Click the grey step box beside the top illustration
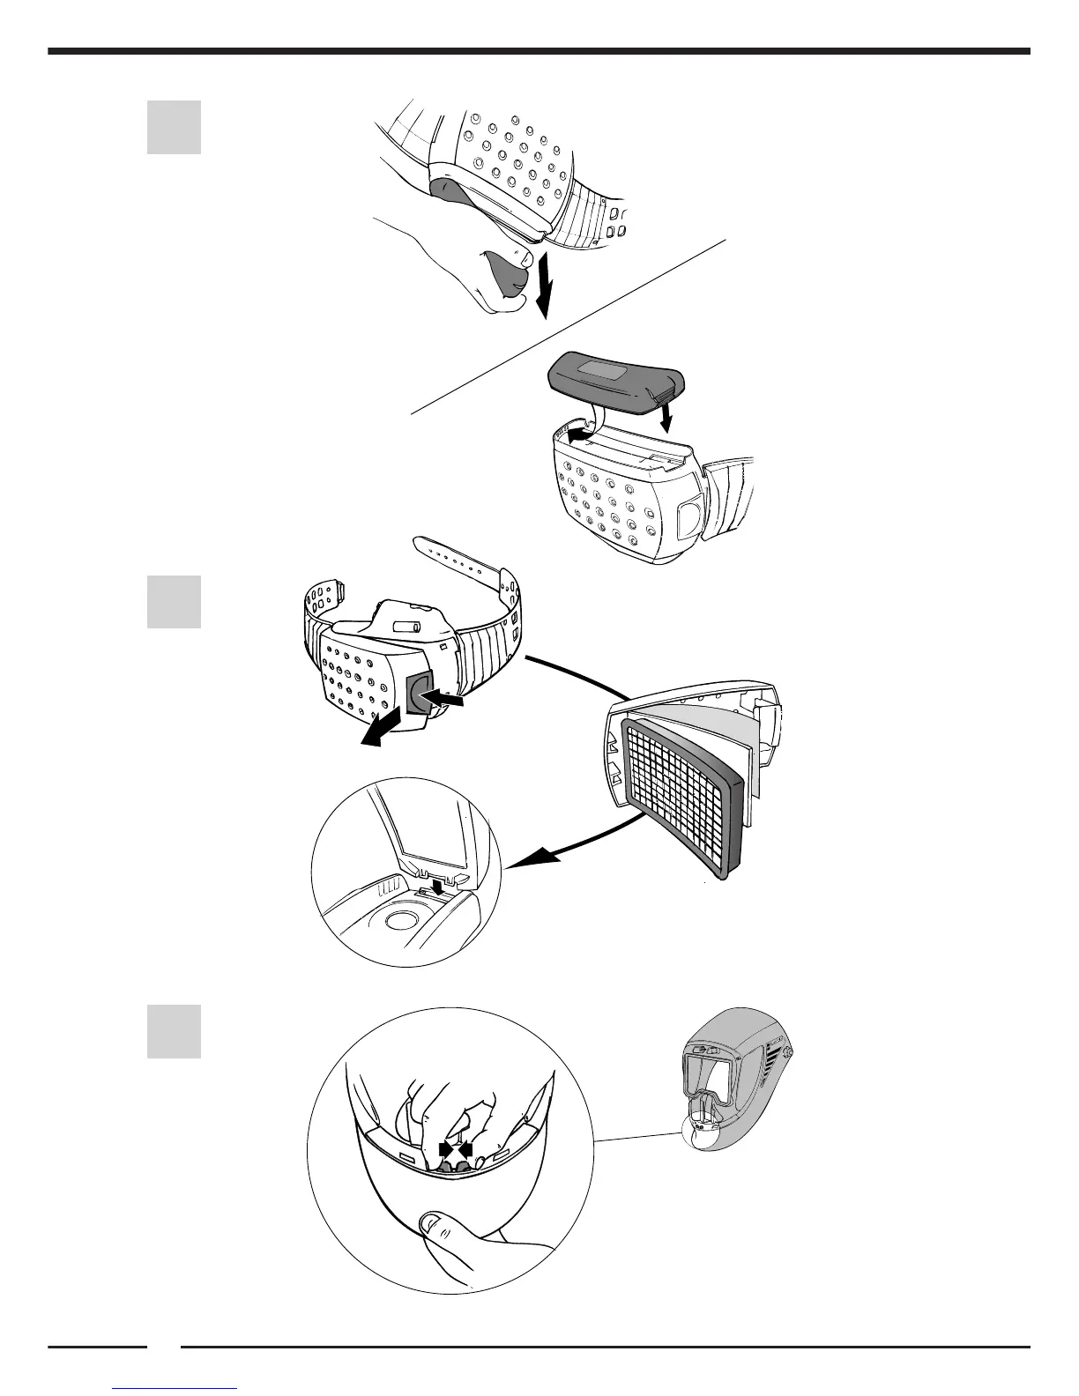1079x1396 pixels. point(174,128)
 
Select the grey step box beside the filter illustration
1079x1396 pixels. point(174,602)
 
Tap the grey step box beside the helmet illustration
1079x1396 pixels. point(174,1031)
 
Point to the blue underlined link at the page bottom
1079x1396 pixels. point(175,1388)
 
